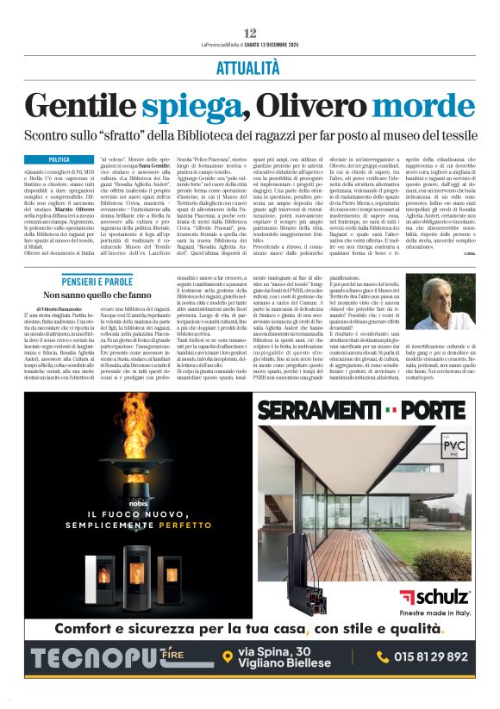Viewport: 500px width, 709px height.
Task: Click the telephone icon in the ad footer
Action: [x=383, y=656]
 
